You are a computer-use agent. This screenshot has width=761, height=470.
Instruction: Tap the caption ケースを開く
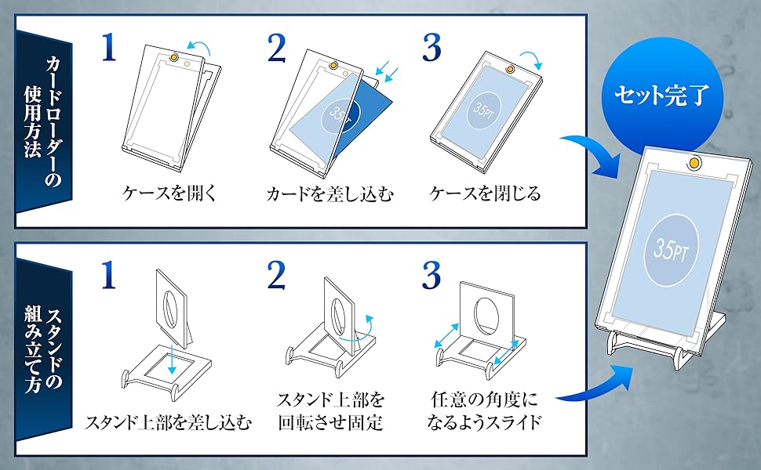162,193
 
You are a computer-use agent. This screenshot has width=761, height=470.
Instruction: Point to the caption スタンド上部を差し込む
169,424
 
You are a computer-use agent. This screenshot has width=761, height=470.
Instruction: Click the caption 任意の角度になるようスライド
486,411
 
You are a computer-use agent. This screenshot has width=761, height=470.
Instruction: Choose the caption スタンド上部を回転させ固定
330,411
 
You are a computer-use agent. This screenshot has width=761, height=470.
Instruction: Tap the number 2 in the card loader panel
277,49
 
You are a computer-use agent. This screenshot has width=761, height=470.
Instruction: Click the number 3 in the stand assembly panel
432,277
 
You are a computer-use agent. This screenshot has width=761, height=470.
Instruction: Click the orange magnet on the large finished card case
694,164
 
